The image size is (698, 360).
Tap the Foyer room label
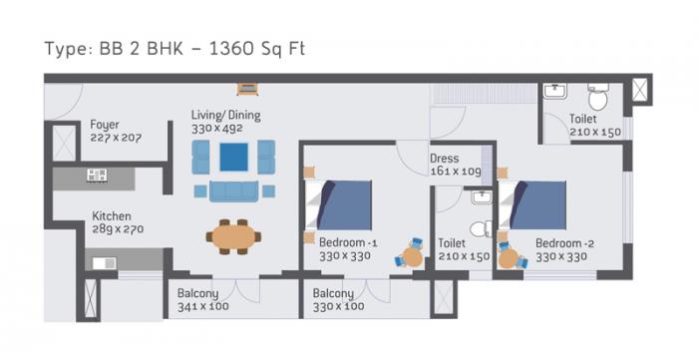coord(104,125)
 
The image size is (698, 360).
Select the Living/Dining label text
coord(225,117)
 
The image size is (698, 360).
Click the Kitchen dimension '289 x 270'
coord(118,227)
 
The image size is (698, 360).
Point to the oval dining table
coord(233,236)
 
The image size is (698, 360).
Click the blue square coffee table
coord(233,157)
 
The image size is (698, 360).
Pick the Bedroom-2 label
coord(564,242)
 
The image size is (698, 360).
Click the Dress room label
coord(445,159)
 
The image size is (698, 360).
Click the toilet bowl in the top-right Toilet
coord(597,98)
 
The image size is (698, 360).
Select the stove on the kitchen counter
coord(97,176)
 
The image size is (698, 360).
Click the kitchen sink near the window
coord(104,263)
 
